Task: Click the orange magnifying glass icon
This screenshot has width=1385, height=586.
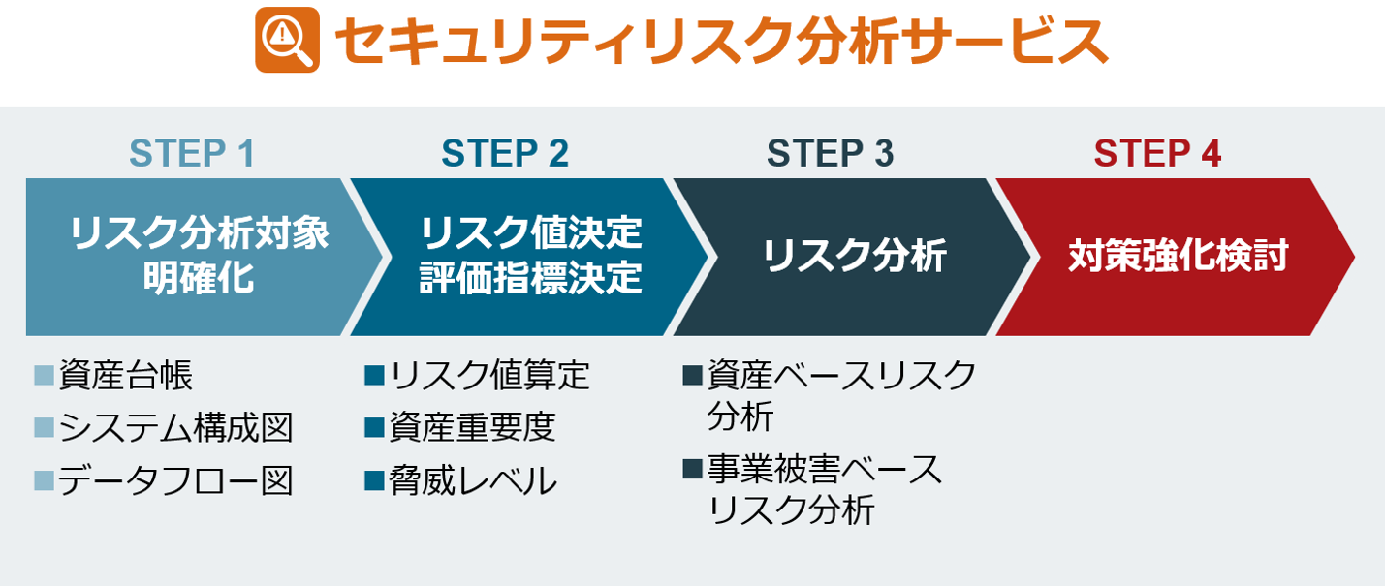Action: [x=288, y=40]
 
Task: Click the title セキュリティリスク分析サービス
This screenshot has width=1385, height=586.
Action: [x=721, y=41]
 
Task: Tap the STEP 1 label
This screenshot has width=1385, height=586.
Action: [x=192, y=153]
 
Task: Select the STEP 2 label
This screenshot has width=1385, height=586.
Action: [x=505, y=153]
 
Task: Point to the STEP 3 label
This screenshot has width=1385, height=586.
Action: [x=830, y=153]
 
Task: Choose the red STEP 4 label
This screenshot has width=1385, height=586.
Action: [x=1157, y=153]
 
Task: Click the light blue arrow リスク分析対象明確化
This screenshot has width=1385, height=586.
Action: [x=205, y=257]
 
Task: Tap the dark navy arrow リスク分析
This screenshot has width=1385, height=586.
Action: [x=853, y=257]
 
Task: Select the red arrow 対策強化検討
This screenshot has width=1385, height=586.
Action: [x=1175, y=257]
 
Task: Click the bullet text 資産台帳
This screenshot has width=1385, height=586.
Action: [x=126, y=375]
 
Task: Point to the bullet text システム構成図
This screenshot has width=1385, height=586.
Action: [x=175, y=428]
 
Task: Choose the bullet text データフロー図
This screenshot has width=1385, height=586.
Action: [x=175, y=481]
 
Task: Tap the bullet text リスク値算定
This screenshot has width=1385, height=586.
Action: [x=489, y=375]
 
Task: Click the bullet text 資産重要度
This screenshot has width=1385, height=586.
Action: [x=472, y=428]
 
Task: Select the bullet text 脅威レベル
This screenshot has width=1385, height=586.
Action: [x=473, y=481]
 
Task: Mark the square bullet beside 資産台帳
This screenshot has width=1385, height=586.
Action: [x=44, y=375]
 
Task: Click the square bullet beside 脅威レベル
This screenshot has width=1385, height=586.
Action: [x=375, y=481]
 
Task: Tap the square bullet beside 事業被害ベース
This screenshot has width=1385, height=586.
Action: [x=692, y=469]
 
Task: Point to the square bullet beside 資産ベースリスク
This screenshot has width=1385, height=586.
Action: [x=692, y=375]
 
